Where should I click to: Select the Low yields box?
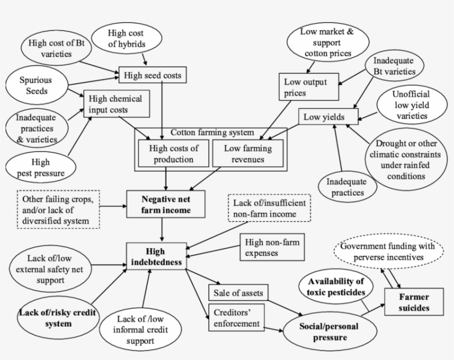(328, 117)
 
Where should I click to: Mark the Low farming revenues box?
(247, 154)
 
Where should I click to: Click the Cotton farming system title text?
(211, 132)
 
